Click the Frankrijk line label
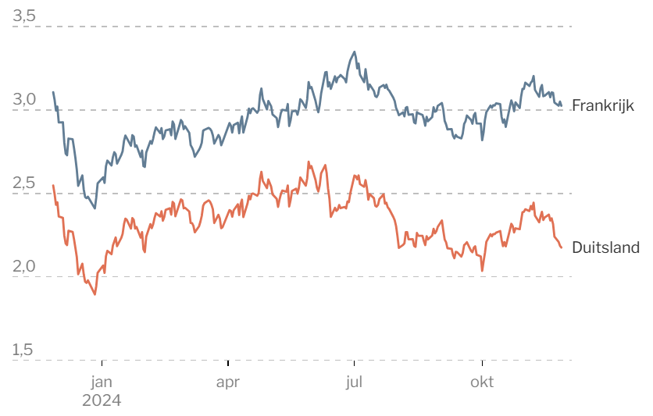pos(602,105)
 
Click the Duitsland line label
pos(605,247)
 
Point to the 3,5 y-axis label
pos(24,16)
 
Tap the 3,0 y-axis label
pos(24,99)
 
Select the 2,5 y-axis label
pos(24,183)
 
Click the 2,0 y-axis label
pos(24,266)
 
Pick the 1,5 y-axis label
pos(23,350)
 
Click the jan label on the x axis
pos(102,382)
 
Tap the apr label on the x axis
pos(228,382)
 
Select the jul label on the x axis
pos(354,382)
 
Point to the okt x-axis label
pos(482,382)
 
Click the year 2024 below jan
pos(102,400)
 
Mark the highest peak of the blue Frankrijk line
pos(355,52)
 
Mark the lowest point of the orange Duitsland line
pos(95,294)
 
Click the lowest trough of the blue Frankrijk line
pos(95,208)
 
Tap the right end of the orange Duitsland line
pos(562,247)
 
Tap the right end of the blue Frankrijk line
pos(562,105)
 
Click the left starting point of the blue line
pos(53,92)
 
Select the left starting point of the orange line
pos(53,185)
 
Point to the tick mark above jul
pos(354,363)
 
